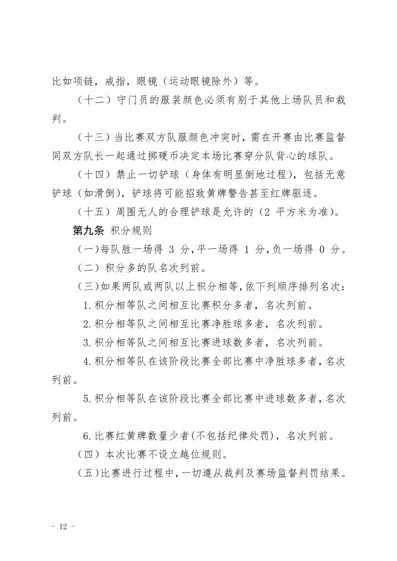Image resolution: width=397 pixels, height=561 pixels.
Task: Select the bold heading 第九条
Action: pos(87,231)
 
